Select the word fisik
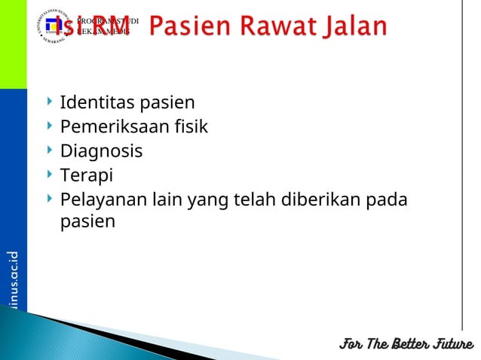click(190, 127)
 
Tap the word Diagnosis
click(101, 151)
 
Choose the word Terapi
click(86, 176)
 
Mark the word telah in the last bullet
click(257, 201)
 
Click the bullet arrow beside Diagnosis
click(50, 150)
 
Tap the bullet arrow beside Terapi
click(50, 175)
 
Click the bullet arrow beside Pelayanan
click(50, 200)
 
